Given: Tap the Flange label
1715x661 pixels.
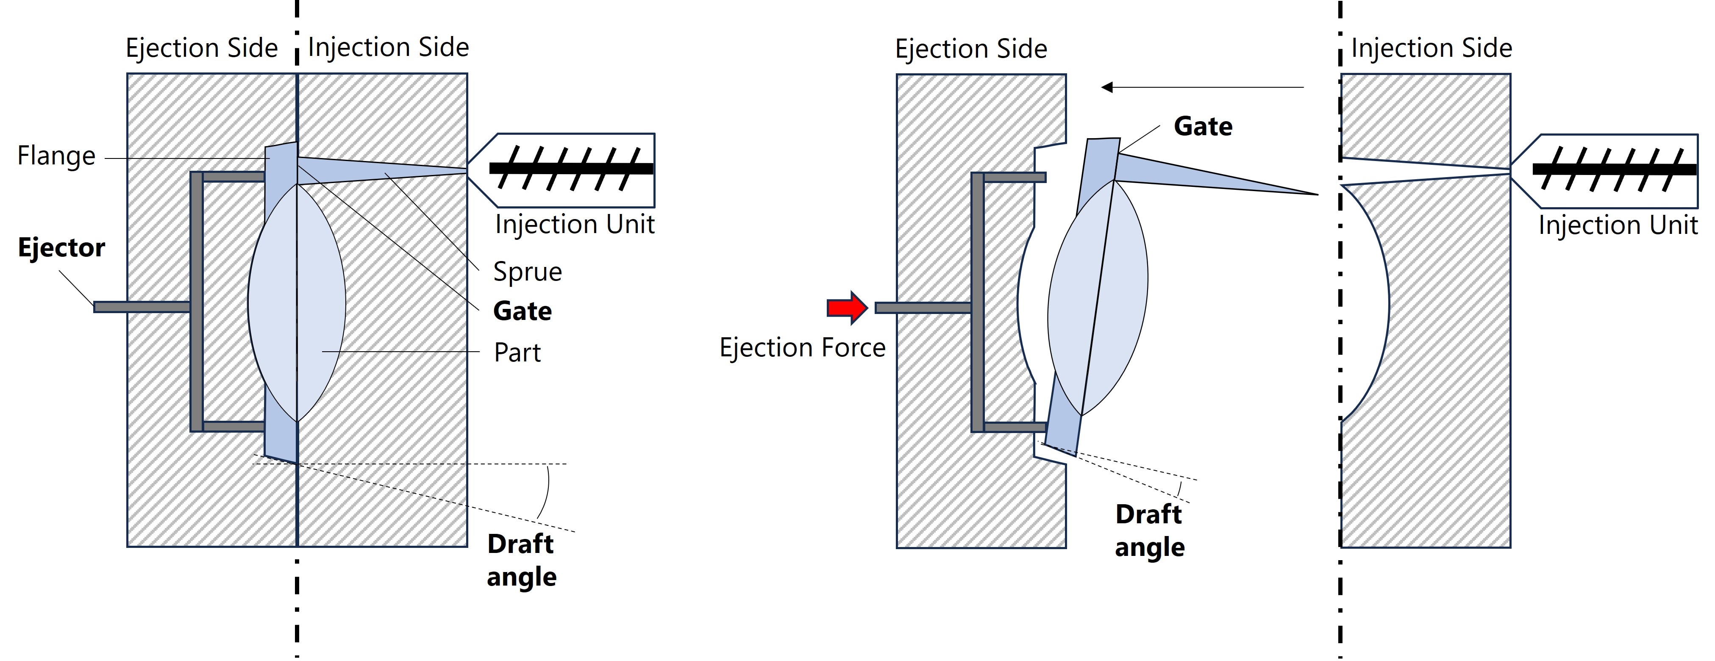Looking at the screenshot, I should click(x=57, y=156).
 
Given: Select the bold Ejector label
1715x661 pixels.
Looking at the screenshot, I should click(x=61, y=247).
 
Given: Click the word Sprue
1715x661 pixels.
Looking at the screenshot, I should click(x=527, y=272).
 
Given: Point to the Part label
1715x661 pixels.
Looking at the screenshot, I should click(x=517, y=352).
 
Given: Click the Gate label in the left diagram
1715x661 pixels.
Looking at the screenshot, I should click(x=523, y=311).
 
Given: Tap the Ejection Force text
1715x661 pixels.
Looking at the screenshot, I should click(x=802, y=347).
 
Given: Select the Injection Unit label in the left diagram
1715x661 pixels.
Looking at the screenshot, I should click(x=575, y=224).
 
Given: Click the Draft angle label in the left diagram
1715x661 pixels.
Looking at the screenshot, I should click(x=521, y=561).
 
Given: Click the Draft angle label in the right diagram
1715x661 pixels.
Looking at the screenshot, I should click(x=1150, y=530).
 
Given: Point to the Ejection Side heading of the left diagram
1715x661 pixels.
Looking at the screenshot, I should click(x=202, y=48).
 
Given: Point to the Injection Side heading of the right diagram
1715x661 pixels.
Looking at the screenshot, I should click(x=1431, y=48).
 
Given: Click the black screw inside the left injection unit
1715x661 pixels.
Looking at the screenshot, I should click(x=571, y=168).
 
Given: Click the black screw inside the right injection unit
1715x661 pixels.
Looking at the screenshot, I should click(x=1615, y=170).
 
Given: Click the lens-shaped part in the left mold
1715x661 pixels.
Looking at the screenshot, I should click(x=296, y=303).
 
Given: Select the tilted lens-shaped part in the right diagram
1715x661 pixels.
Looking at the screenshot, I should click(x=1097, y=300).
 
